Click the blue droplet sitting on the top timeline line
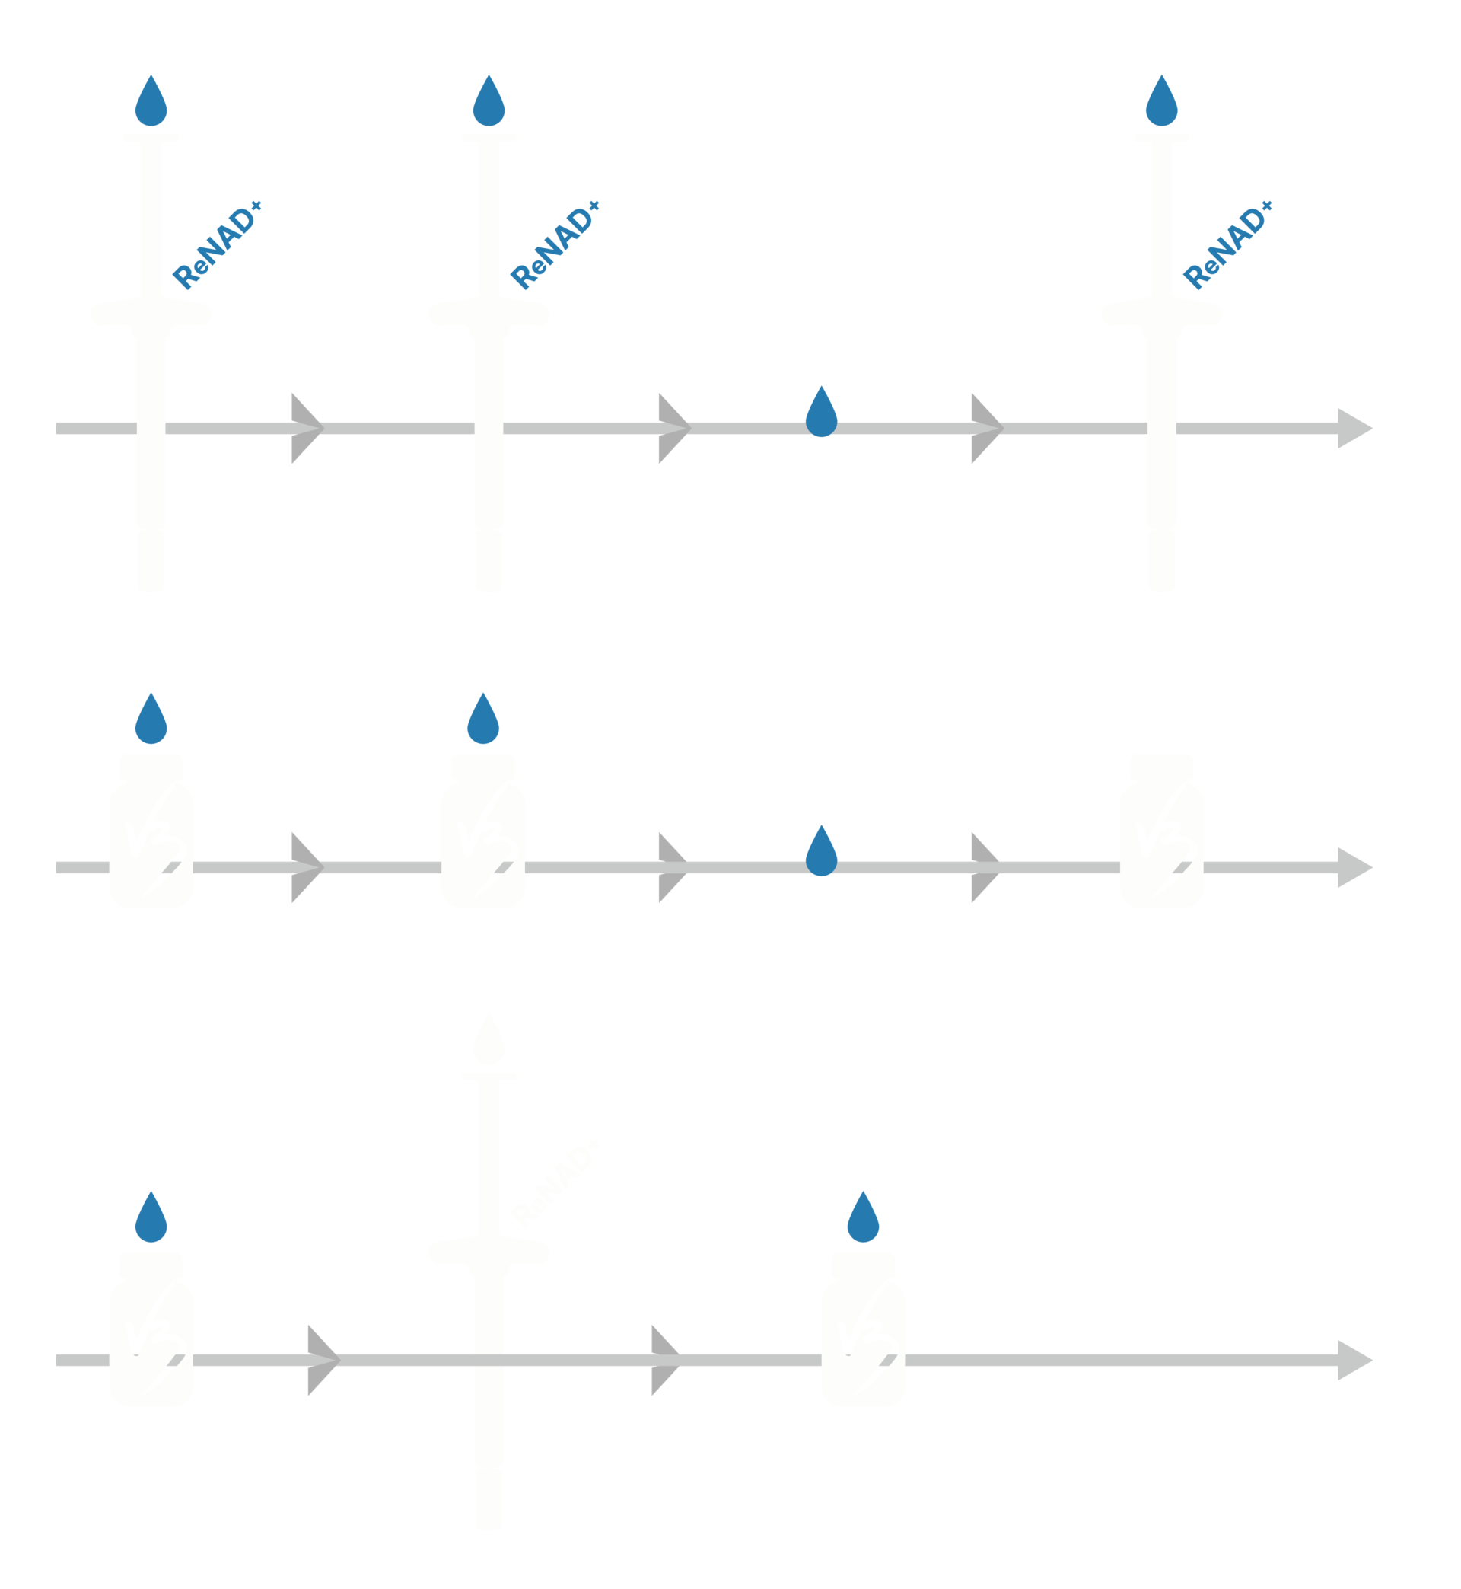click(821, 412)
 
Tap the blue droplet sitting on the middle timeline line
click(821, 851)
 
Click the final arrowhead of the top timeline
click(1354, 428)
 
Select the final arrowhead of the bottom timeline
click(1354, 1360)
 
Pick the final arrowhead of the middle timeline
click(1354, 867)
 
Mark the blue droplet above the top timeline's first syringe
click(151, 101)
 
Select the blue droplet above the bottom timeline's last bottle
click(863, 1217)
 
